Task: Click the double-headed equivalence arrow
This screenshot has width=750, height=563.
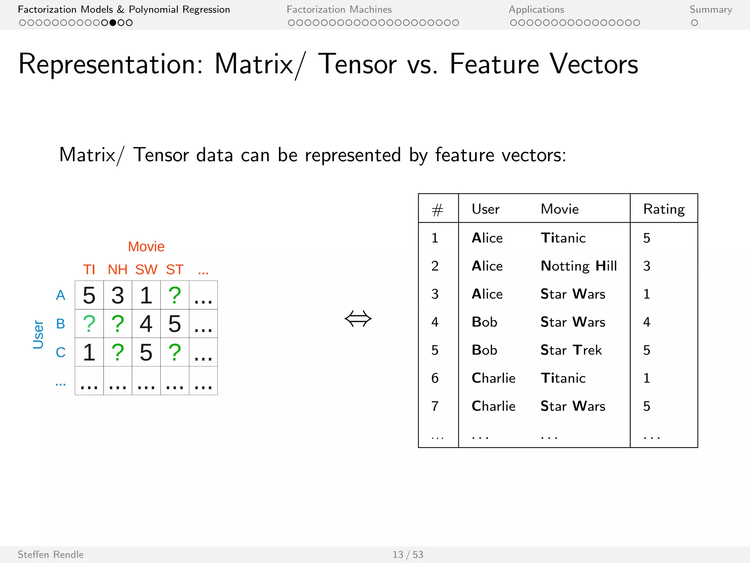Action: pos(358,318)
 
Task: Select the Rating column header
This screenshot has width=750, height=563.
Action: pos(664,209)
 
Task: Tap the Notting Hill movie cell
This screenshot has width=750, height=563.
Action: pos(579,266)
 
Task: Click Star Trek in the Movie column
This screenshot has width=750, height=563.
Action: pos(571,350)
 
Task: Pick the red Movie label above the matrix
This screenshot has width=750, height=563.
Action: pos(146,247)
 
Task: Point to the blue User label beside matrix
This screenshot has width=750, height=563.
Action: pos(38,334)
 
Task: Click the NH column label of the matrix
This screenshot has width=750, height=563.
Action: pos(118,270)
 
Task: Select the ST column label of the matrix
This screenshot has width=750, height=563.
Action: pos(175,270)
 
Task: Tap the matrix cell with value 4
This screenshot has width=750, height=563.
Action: pos(146,324)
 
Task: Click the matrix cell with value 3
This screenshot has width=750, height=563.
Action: pos(118,295)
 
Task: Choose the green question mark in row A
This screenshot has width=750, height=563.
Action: pos(175,295)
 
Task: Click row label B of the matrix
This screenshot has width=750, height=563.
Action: pos(60,324)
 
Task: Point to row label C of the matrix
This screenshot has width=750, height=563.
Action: pos(60,352)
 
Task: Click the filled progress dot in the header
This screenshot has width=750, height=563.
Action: pos(113,23)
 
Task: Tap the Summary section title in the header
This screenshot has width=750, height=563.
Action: pos(710,10)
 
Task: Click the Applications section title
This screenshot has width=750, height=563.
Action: pos(536,10)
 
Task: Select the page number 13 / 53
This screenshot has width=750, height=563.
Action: pos(408,555)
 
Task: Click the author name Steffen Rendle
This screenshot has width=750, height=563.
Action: pos(51,555)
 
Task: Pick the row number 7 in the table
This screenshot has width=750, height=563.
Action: pos(435,406)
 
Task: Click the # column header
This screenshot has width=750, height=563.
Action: pos(437,210)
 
